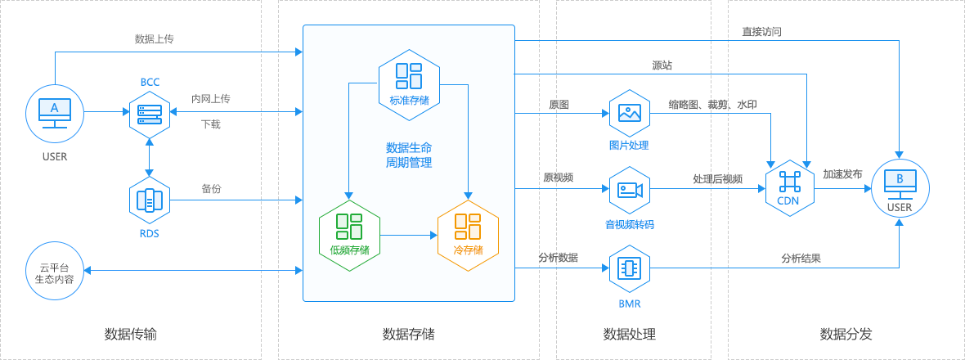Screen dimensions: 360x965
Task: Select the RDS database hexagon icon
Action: [x=149, y=199]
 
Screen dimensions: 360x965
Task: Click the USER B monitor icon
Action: [x=900, y=187]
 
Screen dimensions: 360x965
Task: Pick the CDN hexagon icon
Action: [x=789, y=187]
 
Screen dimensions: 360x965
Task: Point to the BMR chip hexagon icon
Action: [x=629, y=268]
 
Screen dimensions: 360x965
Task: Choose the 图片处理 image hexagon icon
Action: [x=629, y=112]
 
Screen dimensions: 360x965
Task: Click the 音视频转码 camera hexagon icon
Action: [x=629, y=189]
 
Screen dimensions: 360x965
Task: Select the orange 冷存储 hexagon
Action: [x=467, y=231]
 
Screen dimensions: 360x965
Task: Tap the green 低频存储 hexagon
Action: [x=349, y=231]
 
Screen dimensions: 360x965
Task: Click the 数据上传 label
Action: [x=154, y=38]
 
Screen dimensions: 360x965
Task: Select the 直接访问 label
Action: [x=761, y=32]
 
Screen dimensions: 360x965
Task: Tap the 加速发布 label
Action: [x=842, y=174]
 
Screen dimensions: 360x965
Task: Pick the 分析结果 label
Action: [x=801, y=258]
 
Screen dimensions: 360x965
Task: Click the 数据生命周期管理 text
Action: [x=409, y=155]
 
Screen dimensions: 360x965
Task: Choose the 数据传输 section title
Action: [x=131, y=334]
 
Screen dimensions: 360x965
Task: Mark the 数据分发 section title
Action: [x=846, y=334]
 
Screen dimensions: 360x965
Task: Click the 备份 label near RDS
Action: [x=211, y=188]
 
